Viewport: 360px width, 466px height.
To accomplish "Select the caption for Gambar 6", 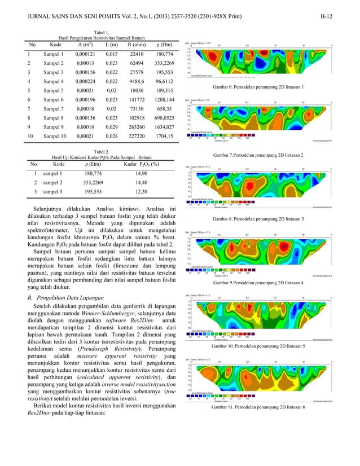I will (x=259, y=87).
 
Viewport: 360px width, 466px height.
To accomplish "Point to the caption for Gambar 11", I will (x=259, y=406).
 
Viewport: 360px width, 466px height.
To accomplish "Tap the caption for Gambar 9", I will (x=259, y=282).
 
